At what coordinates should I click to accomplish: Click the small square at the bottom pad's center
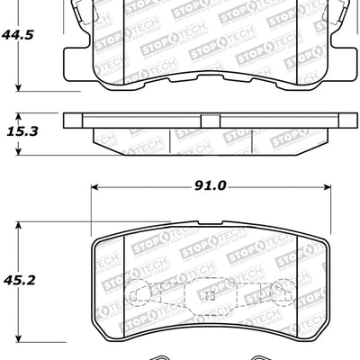pos(210,296)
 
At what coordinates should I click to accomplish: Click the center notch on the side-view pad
pos(209,121)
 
